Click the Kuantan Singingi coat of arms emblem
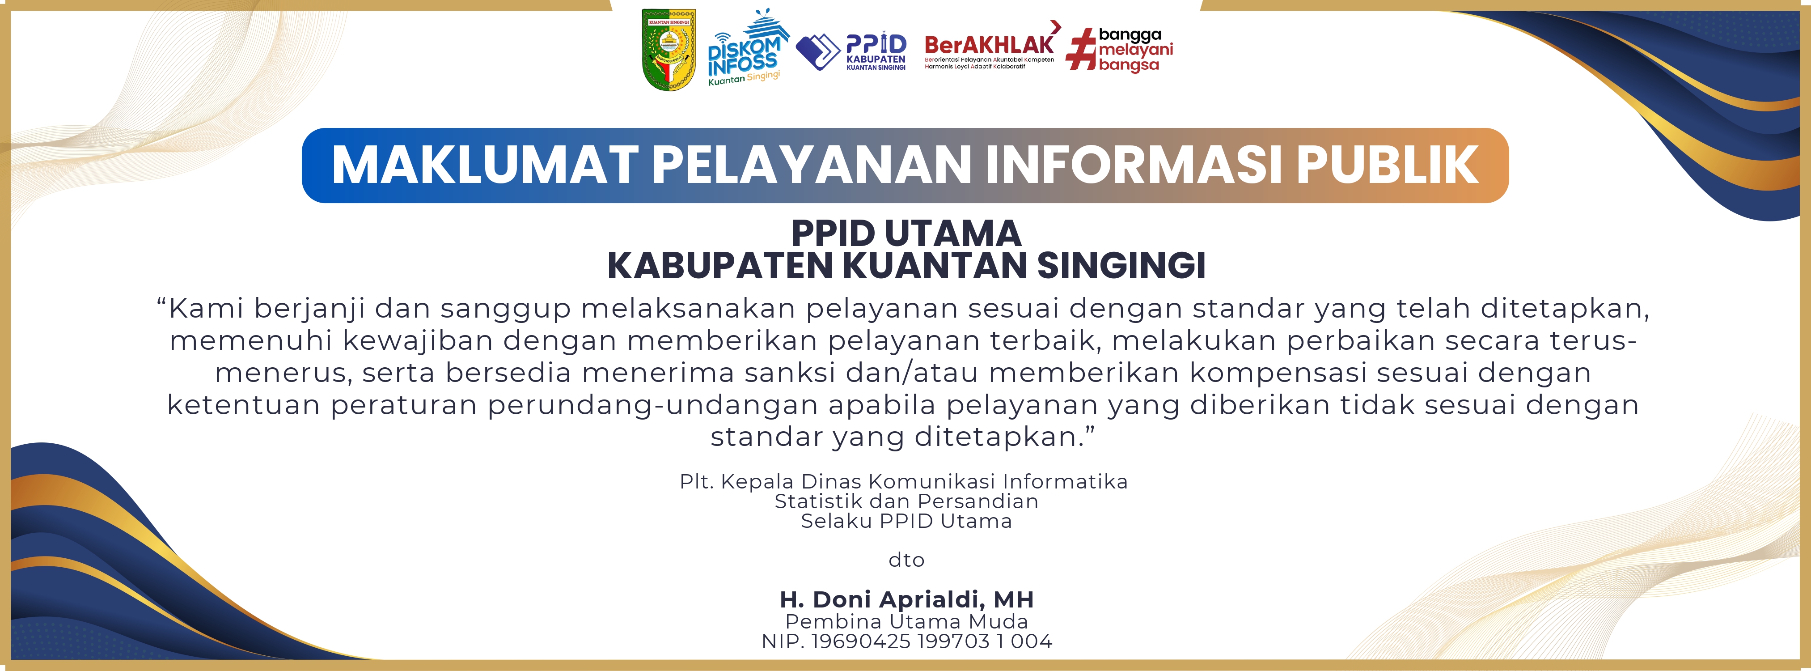[x=669, y=49]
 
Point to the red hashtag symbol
[x=1081, y=49]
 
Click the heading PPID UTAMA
[x=906, y=233]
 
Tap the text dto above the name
[x=906, y=560]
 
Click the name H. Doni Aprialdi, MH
[x=906, y=600]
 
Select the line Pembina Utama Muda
[x=906, y=622]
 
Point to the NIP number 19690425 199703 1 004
[x=931, y=641]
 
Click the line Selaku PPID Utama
[x=906, y=521]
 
